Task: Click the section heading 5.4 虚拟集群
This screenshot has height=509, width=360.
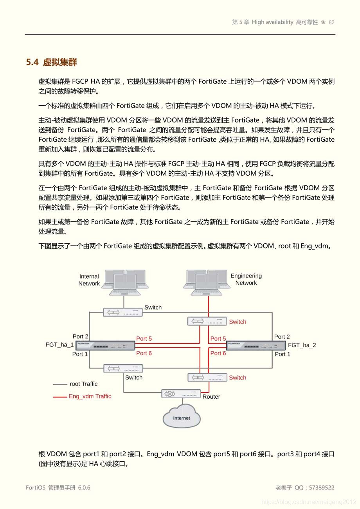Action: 51,62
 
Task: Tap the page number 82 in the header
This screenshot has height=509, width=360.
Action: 331,22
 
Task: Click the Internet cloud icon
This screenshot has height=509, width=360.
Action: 182,417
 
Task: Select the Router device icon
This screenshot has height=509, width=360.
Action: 181,394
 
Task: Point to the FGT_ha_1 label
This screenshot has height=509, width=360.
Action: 59,345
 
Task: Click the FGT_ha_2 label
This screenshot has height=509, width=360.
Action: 302,345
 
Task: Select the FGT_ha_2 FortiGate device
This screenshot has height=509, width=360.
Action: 256,345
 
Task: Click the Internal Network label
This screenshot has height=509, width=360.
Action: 89,280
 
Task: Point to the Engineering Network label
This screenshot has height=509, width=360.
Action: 246,279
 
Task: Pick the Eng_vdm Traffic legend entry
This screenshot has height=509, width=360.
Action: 90,396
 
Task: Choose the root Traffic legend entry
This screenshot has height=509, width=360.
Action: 83,384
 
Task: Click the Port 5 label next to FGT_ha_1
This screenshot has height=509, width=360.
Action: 144,339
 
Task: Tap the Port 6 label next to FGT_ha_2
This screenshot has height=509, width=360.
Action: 218,353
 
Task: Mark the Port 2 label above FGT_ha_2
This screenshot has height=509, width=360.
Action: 282,336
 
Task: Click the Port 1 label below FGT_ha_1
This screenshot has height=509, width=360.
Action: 80,354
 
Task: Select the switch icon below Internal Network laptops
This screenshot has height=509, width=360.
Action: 123,312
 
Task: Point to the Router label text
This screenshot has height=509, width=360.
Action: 211,397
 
